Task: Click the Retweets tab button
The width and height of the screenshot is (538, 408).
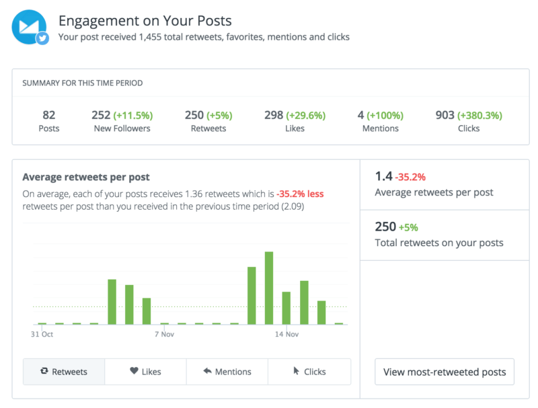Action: click(64, 371)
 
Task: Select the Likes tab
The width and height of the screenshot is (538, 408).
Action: click(145, 371)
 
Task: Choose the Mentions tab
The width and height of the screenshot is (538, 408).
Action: click(227, 371)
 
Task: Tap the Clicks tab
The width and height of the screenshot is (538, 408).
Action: click(309, 371)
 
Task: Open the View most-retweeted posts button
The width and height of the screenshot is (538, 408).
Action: click(444, 372)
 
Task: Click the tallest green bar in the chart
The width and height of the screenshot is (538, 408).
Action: click(269, 288)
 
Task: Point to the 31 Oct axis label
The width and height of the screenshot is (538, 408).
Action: click(42, 334)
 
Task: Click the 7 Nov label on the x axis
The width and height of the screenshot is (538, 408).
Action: click(164, 334)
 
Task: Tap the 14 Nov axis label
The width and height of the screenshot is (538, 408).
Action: click(286, 334)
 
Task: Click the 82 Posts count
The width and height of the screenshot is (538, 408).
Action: click(48, 115)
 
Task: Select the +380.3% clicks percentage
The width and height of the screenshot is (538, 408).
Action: click(479, 115)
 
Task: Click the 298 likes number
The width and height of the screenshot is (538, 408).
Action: click(274, 115)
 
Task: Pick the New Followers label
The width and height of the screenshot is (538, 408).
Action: click(121, 128)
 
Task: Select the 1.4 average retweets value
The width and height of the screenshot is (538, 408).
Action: click(383, 177)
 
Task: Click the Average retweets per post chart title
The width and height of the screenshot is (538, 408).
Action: click(86, 177)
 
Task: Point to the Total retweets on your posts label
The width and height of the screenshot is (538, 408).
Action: click(438, 243)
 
